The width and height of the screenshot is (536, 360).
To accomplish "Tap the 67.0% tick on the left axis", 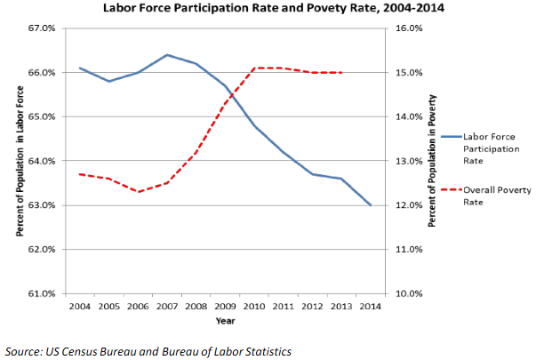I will point(43,28).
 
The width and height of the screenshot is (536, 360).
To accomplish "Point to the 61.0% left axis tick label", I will point(43,293).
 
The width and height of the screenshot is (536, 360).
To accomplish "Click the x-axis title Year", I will point(225,321).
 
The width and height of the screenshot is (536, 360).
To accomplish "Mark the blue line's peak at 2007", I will point(167,55).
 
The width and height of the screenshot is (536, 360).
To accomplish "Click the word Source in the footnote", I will point(24,349).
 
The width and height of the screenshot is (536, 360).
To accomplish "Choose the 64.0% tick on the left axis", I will point(43,161).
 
